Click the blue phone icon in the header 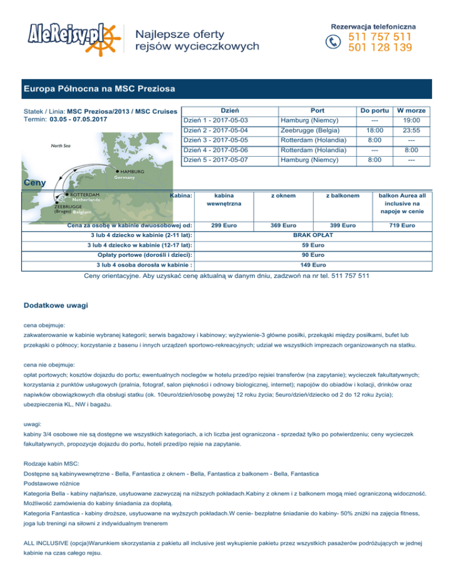coord(334,41)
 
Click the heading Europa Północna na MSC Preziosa coord(99,89)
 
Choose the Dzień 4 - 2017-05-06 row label coord(215,150)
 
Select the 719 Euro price coord(406,225)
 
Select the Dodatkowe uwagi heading coord(56,305)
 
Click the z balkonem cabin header coord(342,195)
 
